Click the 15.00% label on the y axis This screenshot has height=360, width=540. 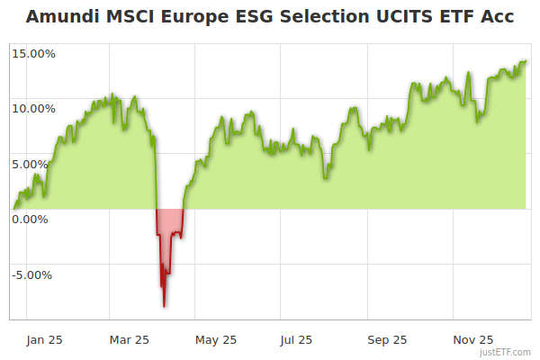pos(33,53)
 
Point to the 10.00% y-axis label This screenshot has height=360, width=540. pos(33,108)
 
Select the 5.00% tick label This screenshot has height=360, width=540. pos(36,164)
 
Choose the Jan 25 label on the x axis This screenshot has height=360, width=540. pos(44,339)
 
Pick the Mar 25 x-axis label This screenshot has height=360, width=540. pos(130,339)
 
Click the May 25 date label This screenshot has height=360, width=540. pos(216,339)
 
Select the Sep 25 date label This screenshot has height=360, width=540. pos(387,339)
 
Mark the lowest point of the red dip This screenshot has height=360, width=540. pos(164,307)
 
